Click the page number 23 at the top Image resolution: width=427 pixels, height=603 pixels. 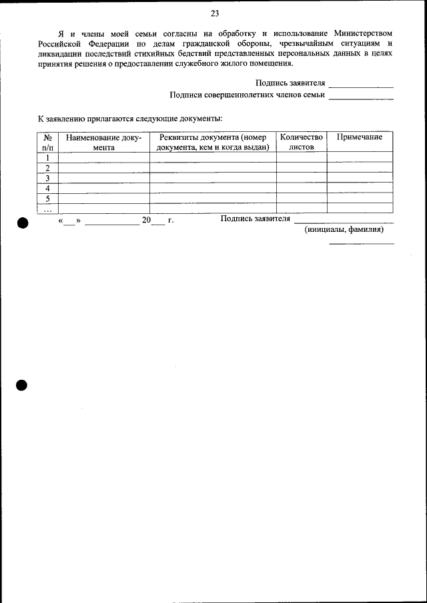pos(214,13)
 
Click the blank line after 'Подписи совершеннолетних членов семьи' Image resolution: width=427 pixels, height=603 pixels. pos(361,97)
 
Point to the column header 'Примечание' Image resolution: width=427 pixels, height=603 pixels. pos(360,137)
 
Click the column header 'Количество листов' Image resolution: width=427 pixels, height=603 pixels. pos(302,142)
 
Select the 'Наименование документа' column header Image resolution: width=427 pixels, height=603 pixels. pos(104,142)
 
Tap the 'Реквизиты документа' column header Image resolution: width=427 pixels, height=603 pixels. pos(213,142)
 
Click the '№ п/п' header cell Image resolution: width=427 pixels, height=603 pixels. pos(48,142)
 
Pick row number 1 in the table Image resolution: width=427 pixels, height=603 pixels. pos(48,158)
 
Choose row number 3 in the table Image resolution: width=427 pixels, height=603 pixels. pos(48,179)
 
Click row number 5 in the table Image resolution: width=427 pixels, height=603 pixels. pos(48,199)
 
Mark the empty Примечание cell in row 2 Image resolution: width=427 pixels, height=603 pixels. pos(360,168)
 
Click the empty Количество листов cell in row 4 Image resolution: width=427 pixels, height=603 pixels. pos(302,189)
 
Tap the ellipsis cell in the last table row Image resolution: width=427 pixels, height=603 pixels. pos(48,209)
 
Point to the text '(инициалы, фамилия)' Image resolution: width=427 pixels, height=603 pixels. pos(344,229)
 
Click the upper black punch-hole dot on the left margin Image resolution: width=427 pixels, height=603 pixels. pos(22,224)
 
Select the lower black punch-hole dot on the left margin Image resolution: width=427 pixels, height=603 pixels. pos(22,385)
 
